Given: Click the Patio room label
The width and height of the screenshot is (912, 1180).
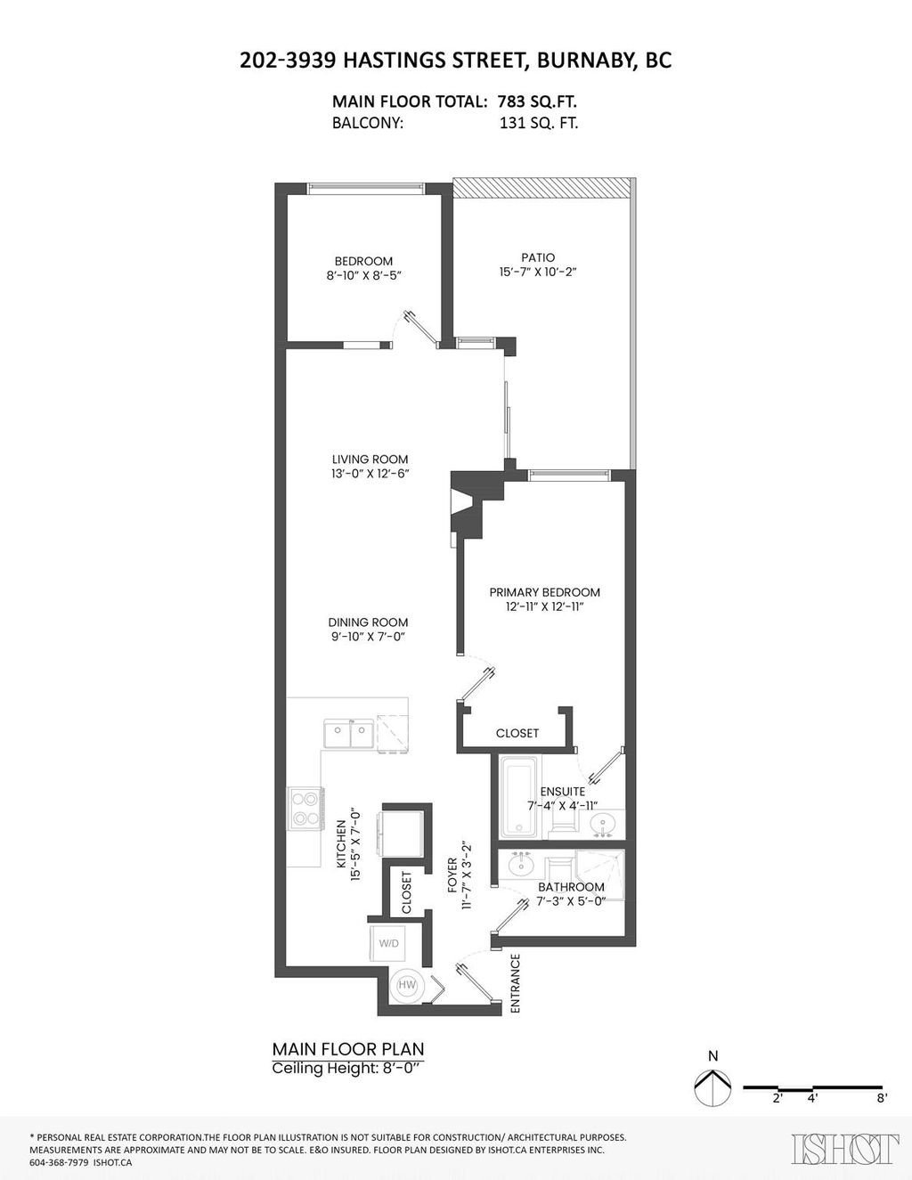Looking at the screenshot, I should pos(539,257).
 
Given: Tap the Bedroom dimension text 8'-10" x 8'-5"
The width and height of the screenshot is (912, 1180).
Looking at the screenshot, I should pos(363,276).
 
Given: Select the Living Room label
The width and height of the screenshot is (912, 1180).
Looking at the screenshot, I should pos(363,460).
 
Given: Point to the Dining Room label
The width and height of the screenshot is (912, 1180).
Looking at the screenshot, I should pos(368,623).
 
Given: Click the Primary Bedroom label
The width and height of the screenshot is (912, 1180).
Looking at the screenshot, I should pos(544,592).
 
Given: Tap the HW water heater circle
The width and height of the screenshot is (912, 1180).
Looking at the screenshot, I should pos(408,985).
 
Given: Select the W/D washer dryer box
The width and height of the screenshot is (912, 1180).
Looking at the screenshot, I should pos(389,942).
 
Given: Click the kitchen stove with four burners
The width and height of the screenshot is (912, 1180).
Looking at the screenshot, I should pos(305,808).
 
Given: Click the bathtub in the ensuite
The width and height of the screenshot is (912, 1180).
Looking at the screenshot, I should pos(517,797).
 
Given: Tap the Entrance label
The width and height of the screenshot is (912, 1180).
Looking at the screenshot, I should pos(515,984).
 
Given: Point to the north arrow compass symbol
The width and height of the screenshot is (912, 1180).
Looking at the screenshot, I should pos(712,1087).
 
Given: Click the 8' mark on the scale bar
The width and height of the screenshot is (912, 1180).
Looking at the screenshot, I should pos(882,1098).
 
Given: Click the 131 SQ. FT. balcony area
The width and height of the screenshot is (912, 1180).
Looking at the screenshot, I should pos(539,124).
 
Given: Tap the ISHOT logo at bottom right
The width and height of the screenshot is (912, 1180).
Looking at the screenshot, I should pos(844,1149).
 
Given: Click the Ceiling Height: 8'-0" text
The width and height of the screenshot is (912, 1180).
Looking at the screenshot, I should pos(348,1069).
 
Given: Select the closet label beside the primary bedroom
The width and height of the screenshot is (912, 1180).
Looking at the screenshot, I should pos(517,733).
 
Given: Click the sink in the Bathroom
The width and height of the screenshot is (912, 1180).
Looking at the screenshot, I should pos(520,864).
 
